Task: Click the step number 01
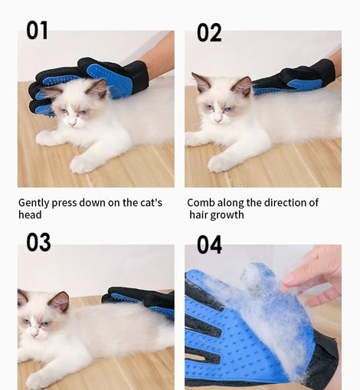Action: pos(37,31)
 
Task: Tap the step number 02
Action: pos(209,32)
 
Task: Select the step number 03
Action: pos(38,242)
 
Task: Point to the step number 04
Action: pos(209,244)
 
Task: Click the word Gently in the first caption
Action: pos(34,203)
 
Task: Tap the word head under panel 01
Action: pos(30,215)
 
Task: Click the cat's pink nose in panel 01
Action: pos(72,124)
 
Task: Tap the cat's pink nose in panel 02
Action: pos(218,120)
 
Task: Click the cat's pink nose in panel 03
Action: pos(34,334)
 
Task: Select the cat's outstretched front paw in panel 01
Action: pos(80,165)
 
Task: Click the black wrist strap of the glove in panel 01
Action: pos(140,76)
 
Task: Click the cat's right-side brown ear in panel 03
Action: pos(60,301)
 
